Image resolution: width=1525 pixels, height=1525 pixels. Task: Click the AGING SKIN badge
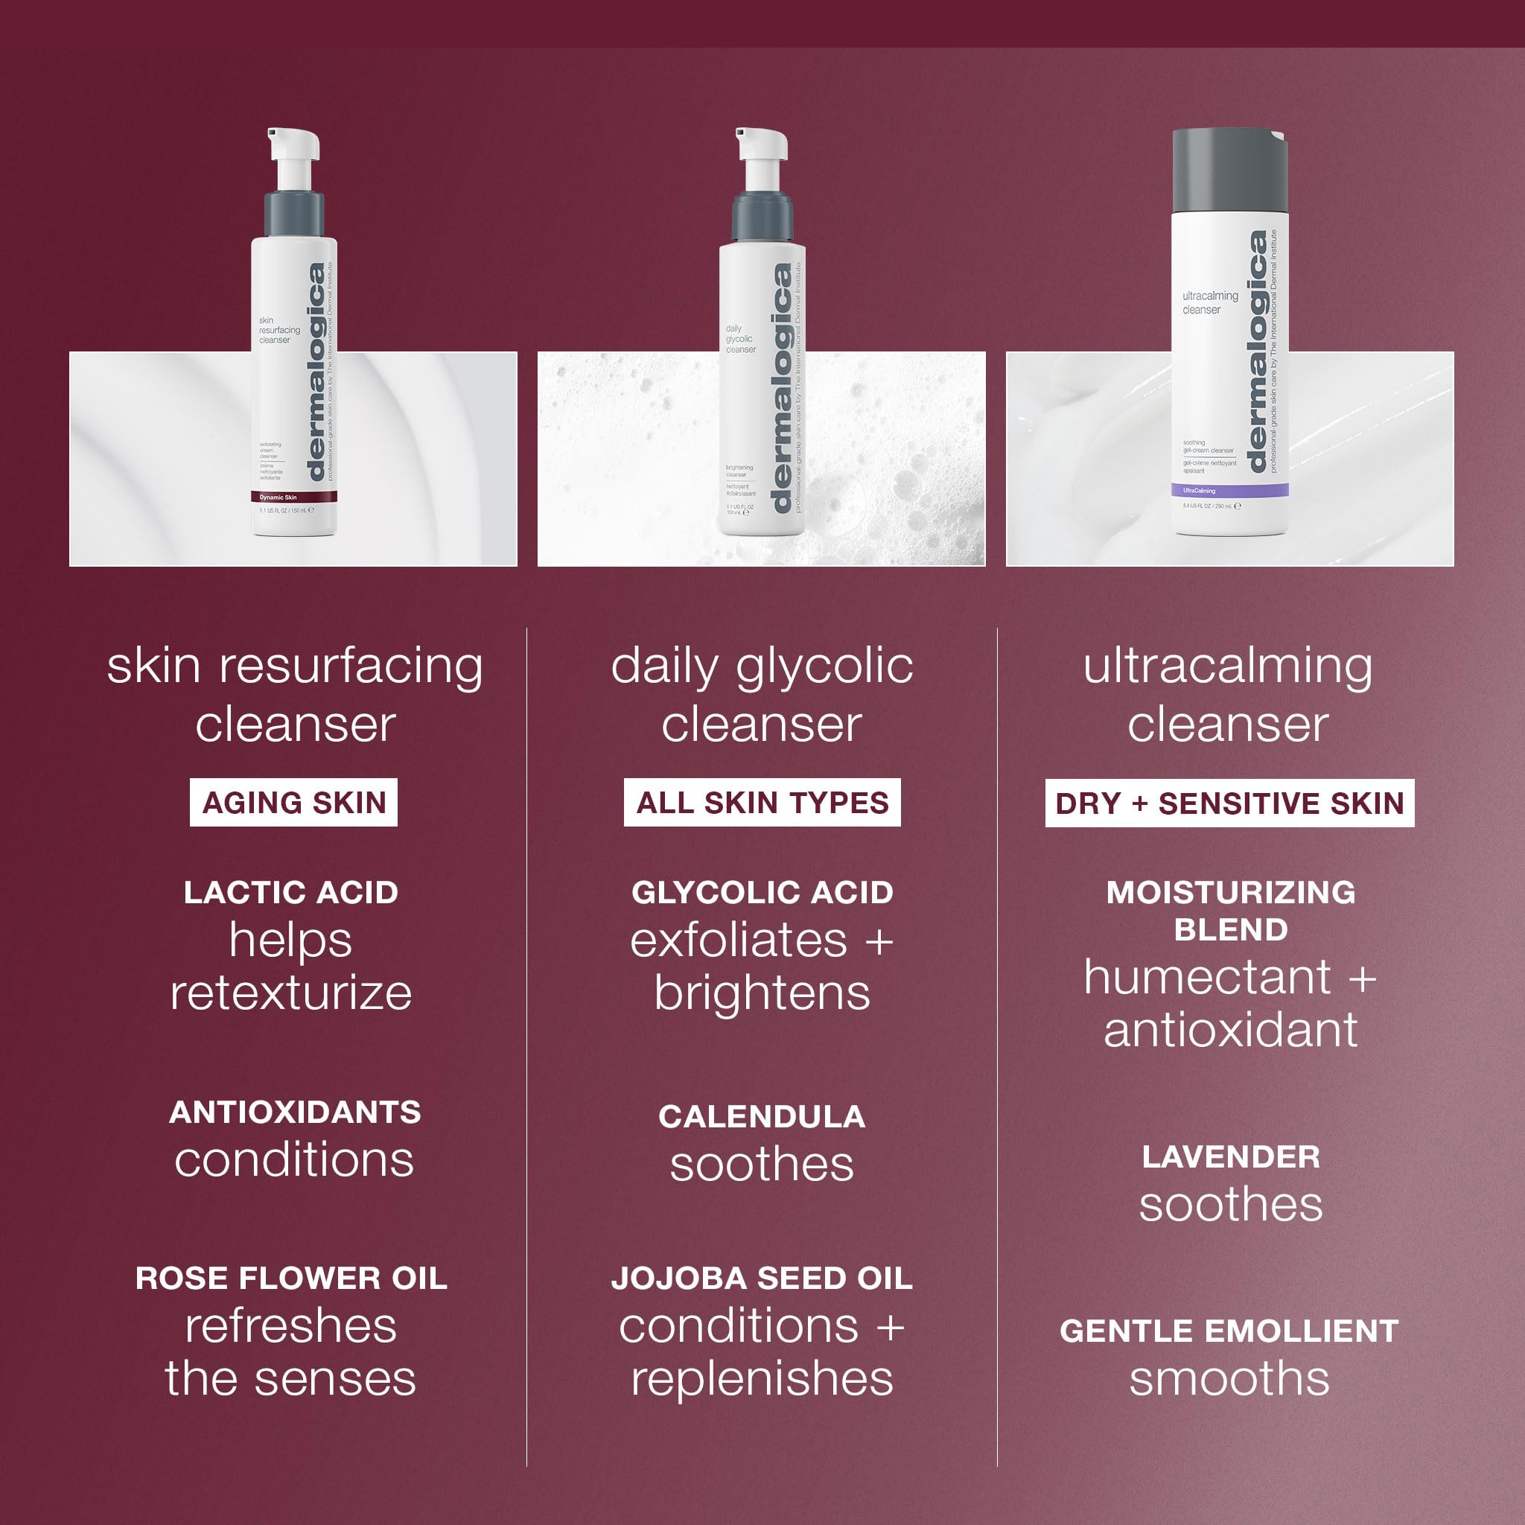[x=293, y=803]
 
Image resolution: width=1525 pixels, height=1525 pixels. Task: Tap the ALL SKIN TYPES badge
[x=762, y=803]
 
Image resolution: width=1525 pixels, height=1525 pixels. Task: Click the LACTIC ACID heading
[x=290, y=892]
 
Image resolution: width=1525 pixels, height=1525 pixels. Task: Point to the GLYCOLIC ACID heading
[x=762, y=892]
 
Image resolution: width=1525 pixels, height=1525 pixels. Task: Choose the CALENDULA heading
[x=762, y=1116]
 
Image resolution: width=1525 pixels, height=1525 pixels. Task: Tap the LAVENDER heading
[x=1231, y=1156]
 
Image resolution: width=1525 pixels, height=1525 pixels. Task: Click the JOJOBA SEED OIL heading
[x=762, y=1278]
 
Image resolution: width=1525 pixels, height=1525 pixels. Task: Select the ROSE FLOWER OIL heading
[x=291, y=1278]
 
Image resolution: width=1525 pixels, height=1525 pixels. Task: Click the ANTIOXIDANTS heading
[x=295, y=1112]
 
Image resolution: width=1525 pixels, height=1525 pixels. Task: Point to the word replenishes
[x=762, y=1379]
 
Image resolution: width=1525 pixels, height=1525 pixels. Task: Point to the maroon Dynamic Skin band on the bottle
[x=293, y=497]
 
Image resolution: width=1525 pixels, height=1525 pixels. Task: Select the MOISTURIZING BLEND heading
[x=1231, y=910]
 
